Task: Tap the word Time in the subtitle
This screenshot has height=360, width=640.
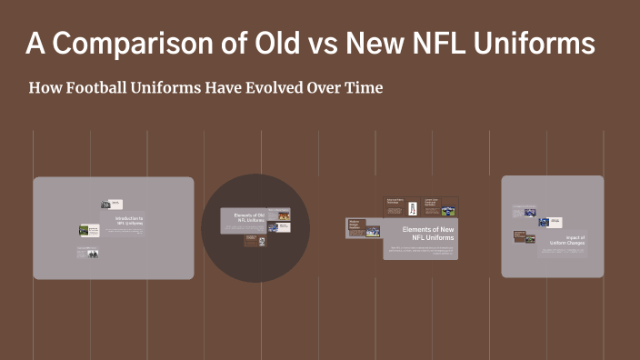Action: tap(364, 88)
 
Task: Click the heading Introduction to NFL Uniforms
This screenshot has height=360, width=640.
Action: tap(128, 221)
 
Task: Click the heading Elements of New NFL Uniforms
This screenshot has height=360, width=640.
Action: tap(427, 233)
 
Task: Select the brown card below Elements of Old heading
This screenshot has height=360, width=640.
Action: tap(255, 241)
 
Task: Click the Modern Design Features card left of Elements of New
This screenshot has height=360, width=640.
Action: tap(362, 228)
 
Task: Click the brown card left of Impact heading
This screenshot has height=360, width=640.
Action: tap(522, 236)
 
